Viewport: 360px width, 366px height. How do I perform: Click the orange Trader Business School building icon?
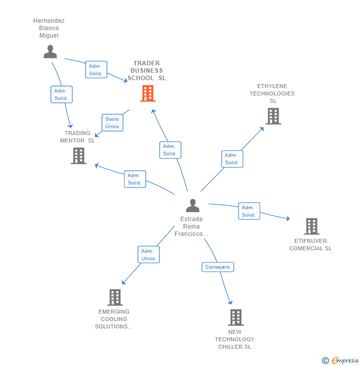pyautogui.click(x=147, y=93)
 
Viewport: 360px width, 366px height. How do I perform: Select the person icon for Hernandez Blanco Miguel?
pyautogui.click(x=50, y=51)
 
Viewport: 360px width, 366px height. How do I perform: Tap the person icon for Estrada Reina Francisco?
pyautogui.click(x=192, y=205)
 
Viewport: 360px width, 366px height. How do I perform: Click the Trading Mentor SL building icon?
pyautogui.click(x=78, y=156)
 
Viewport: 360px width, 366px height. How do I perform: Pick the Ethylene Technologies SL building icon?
pyautogui.click(x=273, y=116)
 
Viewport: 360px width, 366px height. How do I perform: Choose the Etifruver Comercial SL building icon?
pyautogui.click(x=311, y=227)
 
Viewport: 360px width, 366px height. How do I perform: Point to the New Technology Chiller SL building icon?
pyautogui.click(x=235, y=318)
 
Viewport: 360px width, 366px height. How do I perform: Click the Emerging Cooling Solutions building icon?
pyautogui.click(x=115, y=297)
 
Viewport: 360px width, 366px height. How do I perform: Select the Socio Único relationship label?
pyautogui.click(x=112, y=123)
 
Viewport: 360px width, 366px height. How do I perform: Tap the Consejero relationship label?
pyautogui.click(x=218, y=267)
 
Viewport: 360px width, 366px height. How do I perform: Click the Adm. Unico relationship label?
pyautogui.click(x=148, y=255)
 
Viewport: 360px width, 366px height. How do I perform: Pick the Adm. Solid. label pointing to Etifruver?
pyautogui.click(x=249, y=211)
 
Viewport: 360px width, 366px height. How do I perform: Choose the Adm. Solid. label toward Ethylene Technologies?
pyautogui.click(x=232, y=159)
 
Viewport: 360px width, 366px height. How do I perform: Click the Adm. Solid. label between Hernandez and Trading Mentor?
pyautogui.click(x=61, y=94)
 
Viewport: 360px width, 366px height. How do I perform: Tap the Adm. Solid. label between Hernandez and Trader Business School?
pyautogui.click(x=95, y=70)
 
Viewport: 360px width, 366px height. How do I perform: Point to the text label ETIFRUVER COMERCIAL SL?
pyautogui.click(x=311, y=245)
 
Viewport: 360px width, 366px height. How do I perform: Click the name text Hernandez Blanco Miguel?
pyautogui.click(x=49, y=28)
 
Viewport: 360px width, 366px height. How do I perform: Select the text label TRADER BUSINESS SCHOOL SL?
pyautogui.click(x=147, y=71)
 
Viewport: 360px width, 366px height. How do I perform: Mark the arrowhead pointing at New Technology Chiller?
pyautogui.click(x=230, y=302)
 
